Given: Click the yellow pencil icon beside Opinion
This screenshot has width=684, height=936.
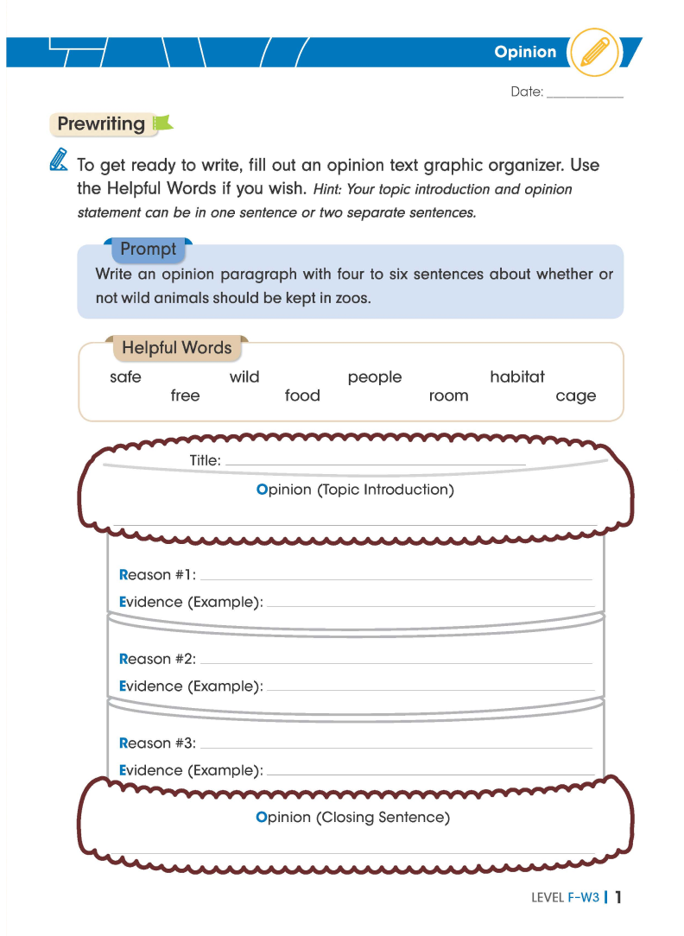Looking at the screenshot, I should [x=594, y=52].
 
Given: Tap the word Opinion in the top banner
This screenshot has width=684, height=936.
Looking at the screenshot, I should [x=525, y=52].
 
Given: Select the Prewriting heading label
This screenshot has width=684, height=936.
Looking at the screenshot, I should [x=101, y=124].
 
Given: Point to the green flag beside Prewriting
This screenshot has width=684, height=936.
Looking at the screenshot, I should [x=162, y=125].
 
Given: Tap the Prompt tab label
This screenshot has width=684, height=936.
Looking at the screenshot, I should [x=148, y=249].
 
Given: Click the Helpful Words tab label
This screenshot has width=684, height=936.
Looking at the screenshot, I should [x=177, y=348].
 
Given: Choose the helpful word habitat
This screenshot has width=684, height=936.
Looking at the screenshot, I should [x=517, y=376].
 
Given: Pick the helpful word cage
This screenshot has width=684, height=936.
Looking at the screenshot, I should [x=576, y=395].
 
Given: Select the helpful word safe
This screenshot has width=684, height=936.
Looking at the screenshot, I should [x=125, y=376].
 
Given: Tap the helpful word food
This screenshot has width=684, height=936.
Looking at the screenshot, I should [x=302, y=395].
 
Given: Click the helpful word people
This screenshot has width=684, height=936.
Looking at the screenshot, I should [x=375, y=376].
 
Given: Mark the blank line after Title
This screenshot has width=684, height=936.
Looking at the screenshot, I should [x=375, y=464].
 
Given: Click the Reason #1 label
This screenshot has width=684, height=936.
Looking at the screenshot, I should [x=157, y=575].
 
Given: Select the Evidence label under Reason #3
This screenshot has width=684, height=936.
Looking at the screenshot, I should [x=191, y=770].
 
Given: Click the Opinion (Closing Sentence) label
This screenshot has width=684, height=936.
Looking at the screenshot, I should [x=353, y=817].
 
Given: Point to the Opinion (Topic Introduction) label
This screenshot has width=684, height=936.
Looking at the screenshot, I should [x=355, y=490].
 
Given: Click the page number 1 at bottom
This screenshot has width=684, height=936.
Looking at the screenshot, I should [x=618, y=897].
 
